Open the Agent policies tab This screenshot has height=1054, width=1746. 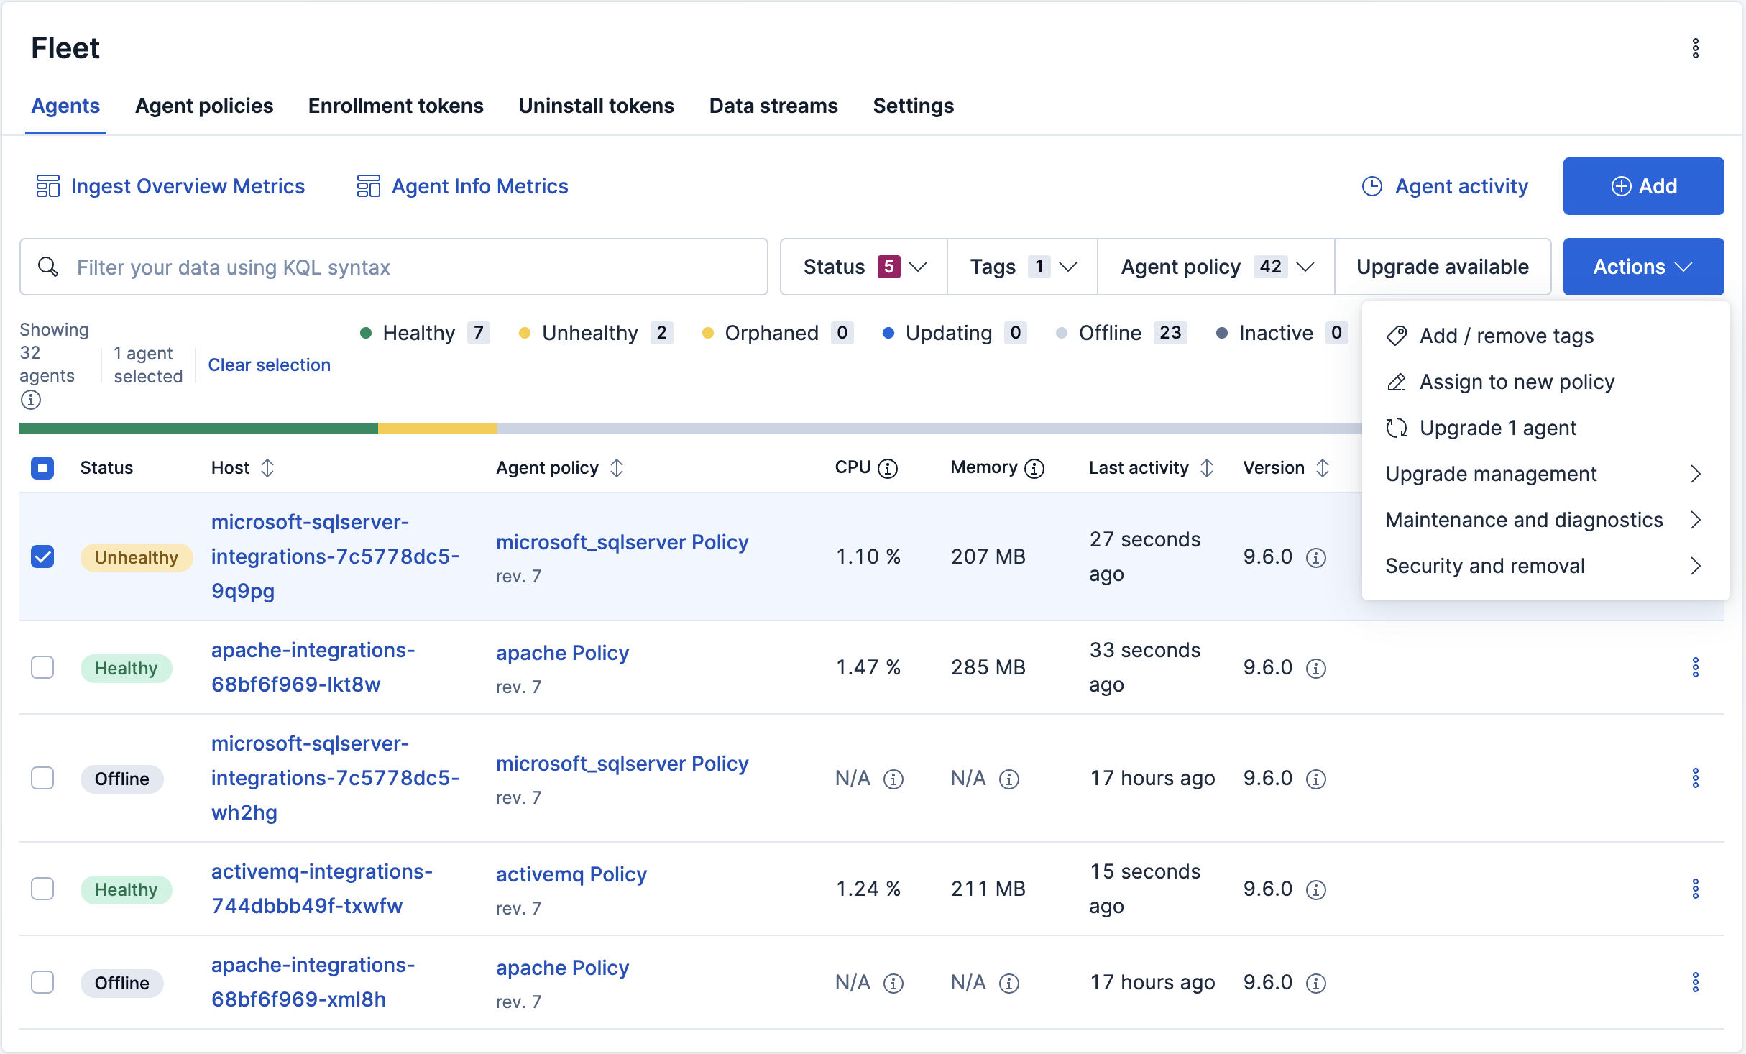pyautogui.click(x=204, y=106)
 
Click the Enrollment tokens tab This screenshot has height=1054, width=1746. pyautogui.click(x=395, y=106)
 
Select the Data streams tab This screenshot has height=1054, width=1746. pyautogui.click(x=773, y=106)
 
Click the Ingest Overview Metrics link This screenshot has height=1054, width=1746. pyautogui.click(x=170, y=186)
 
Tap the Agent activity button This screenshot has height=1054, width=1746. pyautogui.click(x=1445, y=186)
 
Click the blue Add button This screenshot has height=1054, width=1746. pyautogui.click(x=1643, y=186)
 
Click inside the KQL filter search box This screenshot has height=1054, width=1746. pyautogui.click(x=394, y=267)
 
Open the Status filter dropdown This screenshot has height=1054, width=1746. pyautogui.click(x=864, y=267)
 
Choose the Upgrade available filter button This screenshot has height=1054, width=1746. pyautogui.click(x=1443, y=267)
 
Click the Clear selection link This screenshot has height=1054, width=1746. pyautogui.click(x=270, y=365)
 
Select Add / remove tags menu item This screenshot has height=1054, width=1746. pyautogui.click(x=1507, y=336)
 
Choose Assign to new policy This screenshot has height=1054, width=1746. pyautogui.click(x=1517, y=382)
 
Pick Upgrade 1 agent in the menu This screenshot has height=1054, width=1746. pyautogui.click(x=1497, y=428)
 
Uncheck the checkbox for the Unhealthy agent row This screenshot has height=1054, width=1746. pyautogui.click(x=42, y=556)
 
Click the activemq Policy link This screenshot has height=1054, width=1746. pyautogui.click(x=571, y=874)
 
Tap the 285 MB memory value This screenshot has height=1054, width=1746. pyautogui.click(x=988, y=667)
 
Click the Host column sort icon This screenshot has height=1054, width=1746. pyautogui.click(x=267, y=468)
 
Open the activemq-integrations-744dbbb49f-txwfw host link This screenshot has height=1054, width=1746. pyautogui.click(x=322, y=889)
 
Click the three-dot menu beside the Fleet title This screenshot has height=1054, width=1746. pyautogui.click(x=1696, y=48)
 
